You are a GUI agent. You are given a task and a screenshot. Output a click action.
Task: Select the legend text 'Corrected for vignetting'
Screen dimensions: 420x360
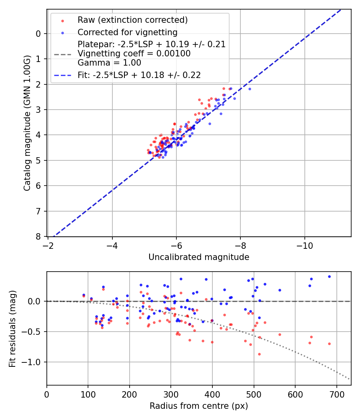128,32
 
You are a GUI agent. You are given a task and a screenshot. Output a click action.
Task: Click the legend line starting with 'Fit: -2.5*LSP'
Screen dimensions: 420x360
139,75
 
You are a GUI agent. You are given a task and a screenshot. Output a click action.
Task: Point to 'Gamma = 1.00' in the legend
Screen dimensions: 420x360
109,63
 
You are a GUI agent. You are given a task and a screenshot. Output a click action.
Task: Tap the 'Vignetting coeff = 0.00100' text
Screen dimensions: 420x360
134,54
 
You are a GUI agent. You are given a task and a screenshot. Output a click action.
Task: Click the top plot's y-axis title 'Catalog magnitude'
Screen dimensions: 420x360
27,123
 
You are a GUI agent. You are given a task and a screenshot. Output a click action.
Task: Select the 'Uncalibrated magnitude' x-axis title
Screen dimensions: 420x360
199,257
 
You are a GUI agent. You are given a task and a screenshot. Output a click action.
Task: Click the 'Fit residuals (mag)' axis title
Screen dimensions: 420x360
12,328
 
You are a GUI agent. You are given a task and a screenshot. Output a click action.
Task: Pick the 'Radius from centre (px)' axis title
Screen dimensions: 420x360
199,406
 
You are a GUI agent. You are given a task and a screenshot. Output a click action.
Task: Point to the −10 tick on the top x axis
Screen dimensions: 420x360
305,245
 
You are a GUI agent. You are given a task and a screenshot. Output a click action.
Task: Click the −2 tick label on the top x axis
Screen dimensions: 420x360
48,245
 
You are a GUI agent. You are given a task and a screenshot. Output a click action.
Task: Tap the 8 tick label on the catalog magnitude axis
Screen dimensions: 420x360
38,236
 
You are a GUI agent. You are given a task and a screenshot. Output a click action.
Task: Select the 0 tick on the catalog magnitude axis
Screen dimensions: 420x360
38,34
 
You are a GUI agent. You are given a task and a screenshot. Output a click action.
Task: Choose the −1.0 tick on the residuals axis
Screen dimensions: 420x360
34,362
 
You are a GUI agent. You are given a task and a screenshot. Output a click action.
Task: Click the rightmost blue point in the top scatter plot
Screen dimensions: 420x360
250,89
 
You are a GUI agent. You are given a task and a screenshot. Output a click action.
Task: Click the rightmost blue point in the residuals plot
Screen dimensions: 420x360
329,276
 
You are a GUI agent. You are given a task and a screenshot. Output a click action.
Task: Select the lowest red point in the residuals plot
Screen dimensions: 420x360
259,354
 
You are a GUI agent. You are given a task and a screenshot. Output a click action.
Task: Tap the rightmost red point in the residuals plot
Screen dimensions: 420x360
329,344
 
